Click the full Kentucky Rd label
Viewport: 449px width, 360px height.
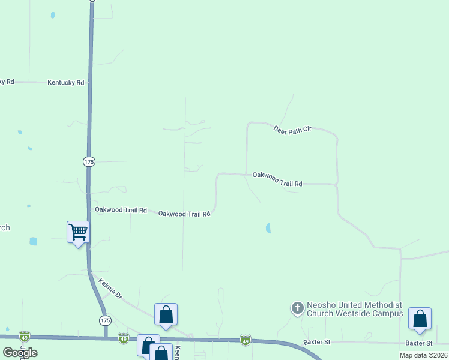point(65,82)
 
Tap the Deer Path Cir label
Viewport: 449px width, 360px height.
point(292,129)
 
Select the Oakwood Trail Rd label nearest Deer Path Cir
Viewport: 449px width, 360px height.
point(277,179)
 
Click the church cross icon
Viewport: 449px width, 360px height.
point(297,308)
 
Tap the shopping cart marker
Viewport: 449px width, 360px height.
point(78,232)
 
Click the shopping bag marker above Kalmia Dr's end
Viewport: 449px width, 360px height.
point(166,314)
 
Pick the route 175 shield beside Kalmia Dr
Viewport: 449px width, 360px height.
point(106,320)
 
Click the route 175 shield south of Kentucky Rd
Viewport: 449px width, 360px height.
point(89,161)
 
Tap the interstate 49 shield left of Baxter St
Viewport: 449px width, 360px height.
point(245,341)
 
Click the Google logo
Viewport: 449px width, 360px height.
point(20,353)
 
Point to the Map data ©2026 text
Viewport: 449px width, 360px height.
point(423,355)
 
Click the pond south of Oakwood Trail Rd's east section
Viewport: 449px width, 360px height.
point(268,228)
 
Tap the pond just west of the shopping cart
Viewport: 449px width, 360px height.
point(33,241)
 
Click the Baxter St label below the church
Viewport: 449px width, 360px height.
point(317,342)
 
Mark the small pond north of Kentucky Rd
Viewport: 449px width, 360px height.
point(53,15)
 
